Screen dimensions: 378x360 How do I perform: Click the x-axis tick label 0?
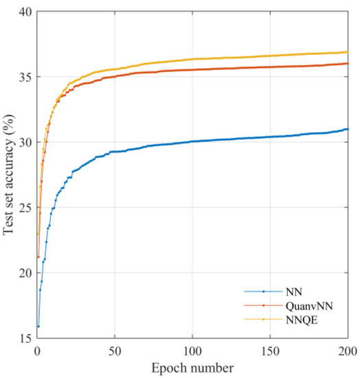pos(37,351)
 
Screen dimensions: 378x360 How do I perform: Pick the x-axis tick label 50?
pos(115,351)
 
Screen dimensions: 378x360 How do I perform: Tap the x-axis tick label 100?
pos(192,351)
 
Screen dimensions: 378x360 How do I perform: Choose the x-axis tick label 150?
pos(270,351)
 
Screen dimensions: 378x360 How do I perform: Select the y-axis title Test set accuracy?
pos(9,175)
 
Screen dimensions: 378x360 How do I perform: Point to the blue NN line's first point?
pos(38,326)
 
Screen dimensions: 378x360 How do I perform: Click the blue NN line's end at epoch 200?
pos(348,129)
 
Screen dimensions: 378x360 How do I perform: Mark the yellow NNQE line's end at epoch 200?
pos(348,52)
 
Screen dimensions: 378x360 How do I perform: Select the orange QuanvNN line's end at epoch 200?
pos(348,63)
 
